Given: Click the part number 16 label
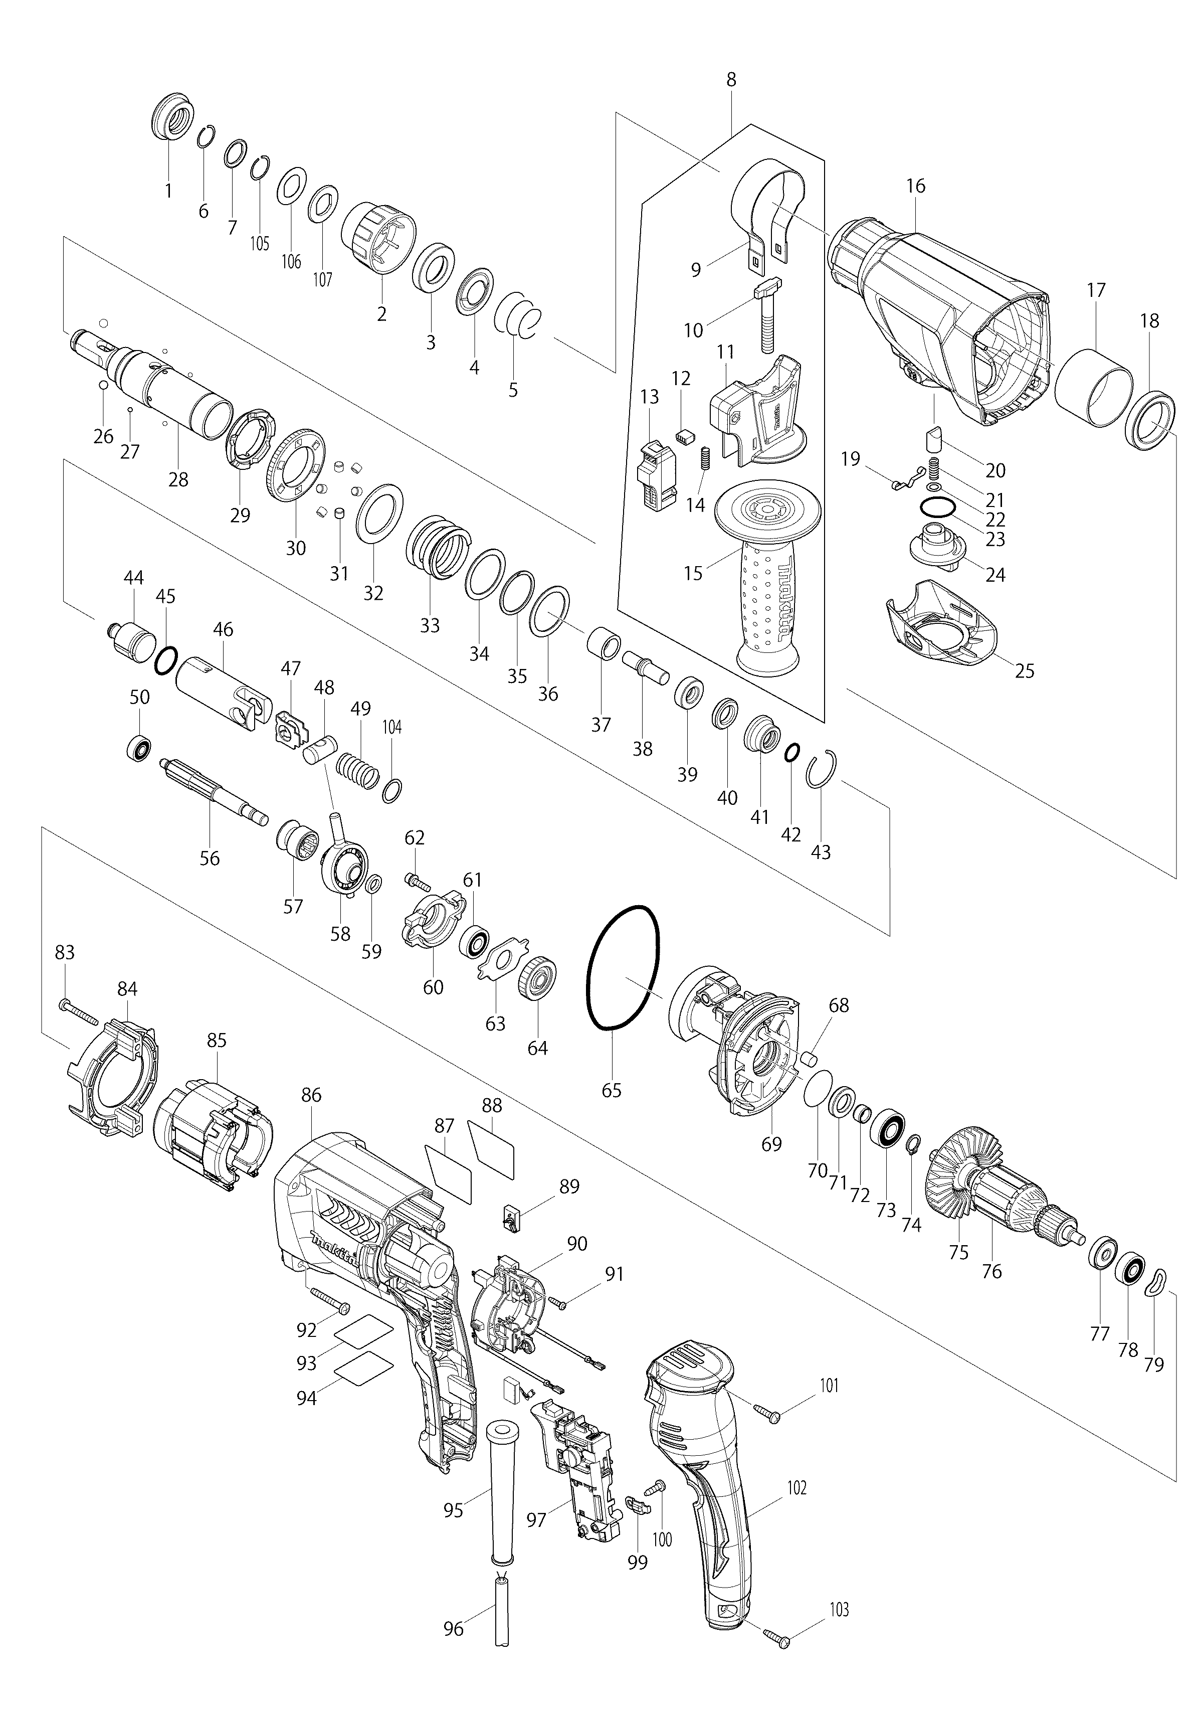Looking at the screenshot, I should pyautogui.click(x=916, y=186).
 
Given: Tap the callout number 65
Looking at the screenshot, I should pyautogui.click(x=611, y=1090).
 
